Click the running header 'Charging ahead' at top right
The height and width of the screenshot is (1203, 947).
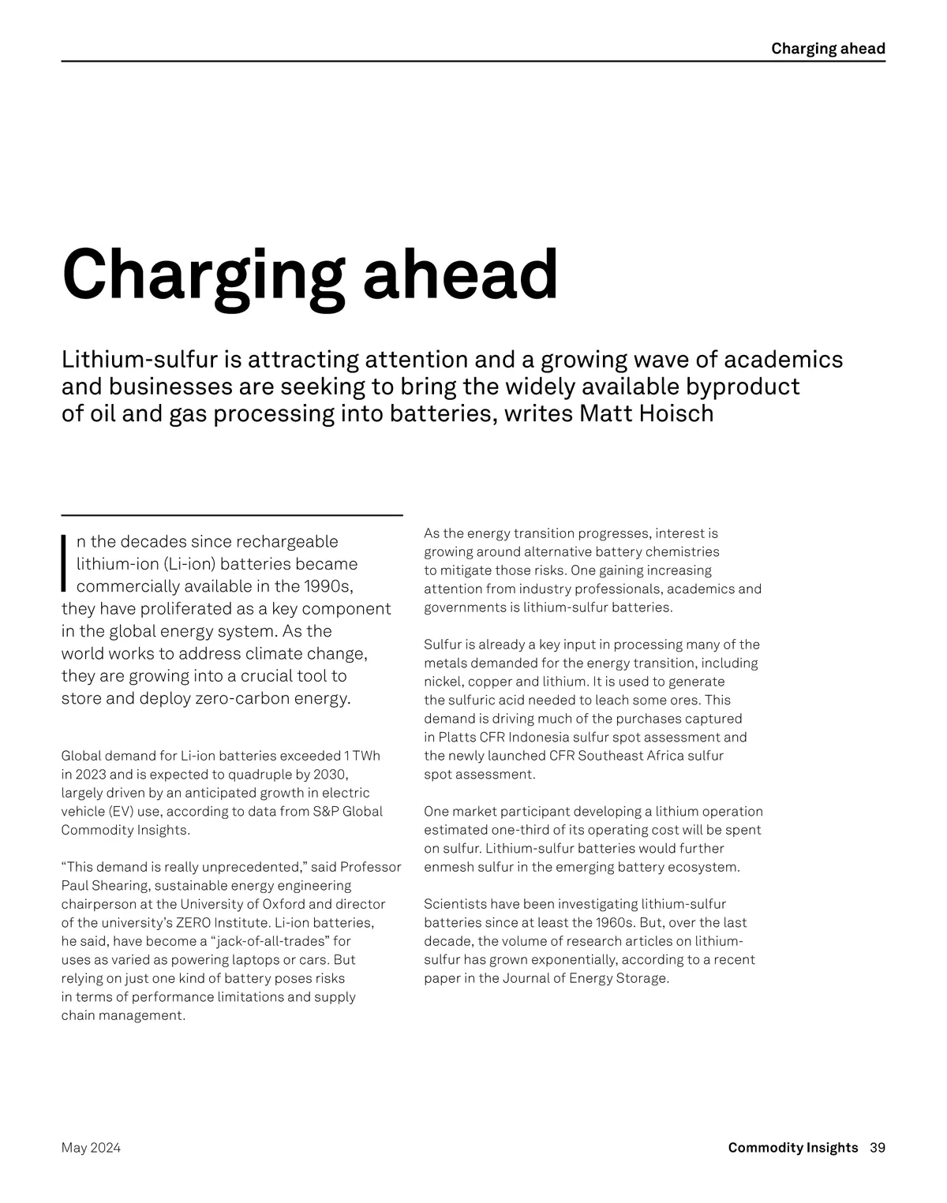click(828, 49)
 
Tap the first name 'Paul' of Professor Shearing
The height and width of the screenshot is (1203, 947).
click(75, 885)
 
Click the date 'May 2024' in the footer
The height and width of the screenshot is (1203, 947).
click(91, 1148)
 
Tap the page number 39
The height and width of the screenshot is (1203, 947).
click(878, 1148)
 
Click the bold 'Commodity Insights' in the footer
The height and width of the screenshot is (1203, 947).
click(792, 1148)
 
